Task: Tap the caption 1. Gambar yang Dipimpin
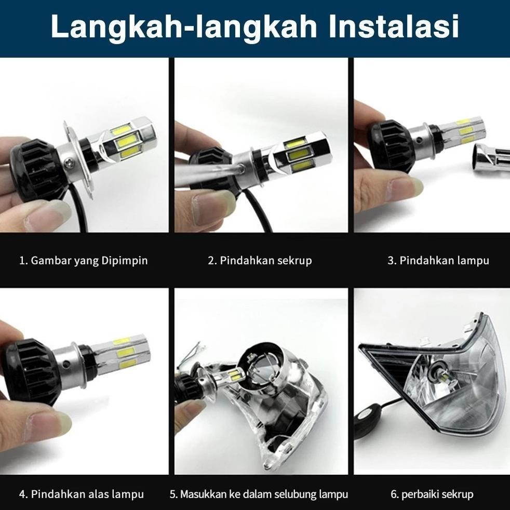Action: click(x=84, y=260)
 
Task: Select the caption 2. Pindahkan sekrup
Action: click(x=260, y=260)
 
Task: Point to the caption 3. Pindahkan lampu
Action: click(x=438, y=260)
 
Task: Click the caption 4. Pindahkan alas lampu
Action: click(x=82, y=494)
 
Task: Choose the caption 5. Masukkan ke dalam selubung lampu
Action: click(x=259, y=494)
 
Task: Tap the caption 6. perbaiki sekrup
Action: click(x=432, y=494)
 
